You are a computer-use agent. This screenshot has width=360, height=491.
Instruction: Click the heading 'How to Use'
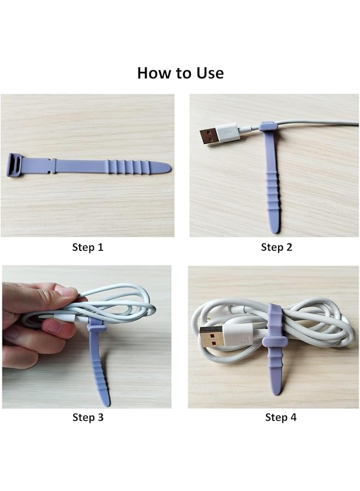click(x=181, y=73)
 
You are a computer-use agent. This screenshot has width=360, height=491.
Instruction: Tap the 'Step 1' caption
click(x=88, y=247)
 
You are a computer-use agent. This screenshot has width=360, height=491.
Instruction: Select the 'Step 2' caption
click(x=277, y=247)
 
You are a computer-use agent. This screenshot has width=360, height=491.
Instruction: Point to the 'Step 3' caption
click(x=88, y=417)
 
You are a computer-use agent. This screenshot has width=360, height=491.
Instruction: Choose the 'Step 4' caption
click(x=280, y=417)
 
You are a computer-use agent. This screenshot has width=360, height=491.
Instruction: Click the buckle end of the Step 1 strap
click(x=14, y=165)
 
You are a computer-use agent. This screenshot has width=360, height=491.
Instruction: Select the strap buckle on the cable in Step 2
click(x=268, y=125)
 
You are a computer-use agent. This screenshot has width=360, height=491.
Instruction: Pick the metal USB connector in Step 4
click(x=211, y=337)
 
